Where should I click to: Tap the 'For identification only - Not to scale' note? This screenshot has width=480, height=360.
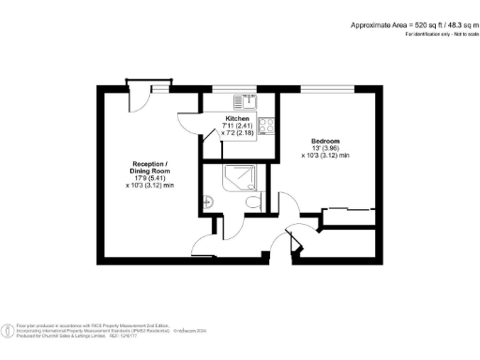point(440,34)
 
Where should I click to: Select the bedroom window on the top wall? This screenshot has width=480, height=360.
point(326,87)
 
